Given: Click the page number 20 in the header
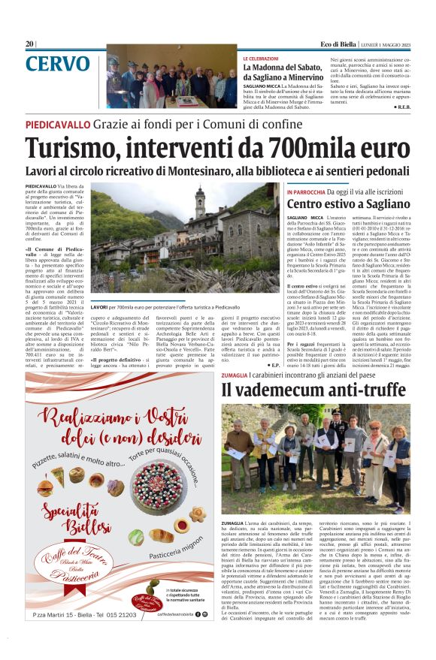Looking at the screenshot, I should pyautogui.click(x=30, y=44).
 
